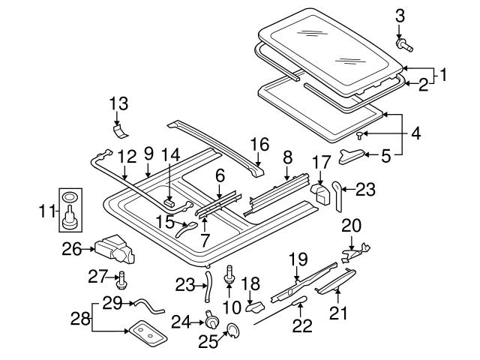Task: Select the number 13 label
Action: tap(119, 103)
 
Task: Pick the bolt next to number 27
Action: tap(121, 280)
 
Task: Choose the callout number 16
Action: tap(259, 144)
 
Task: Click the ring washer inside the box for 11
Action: tap(69, 198)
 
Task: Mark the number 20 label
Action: tap(352, 224)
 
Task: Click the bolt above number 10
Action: tap(229, 274)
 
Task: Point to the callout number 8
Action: tap(286, 158)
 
